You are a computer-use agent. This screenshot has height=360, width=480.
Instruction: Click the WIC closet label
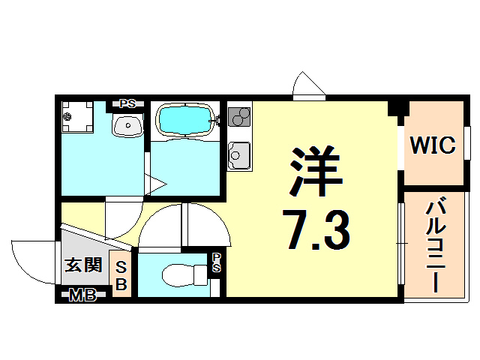(x=433, y=145)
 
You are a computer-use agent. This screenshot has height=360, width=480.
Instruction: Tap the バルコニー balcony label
(x=433, y=245)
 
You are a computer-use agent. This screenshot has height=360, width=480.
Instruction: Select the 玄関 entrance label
(x=82, y=265)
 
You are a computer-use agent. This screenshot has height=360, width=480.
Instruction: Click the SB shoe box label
(x=122, y=275)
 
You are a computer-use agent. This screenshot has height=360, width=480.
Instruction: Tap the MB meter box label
(x=82, y=295)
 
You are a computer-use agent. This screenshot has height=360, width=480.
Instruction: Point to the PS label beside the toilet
(x=216, y=262)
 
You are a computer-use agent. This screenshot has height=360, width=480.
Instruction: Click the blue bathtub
(x=184, y=118)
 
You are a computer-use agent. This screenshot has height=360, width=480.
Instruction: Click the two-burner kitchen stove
(x=240, y=117)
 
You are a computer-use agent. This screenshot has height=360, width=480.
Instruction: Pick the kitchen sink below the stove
(x=238, y=156)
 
